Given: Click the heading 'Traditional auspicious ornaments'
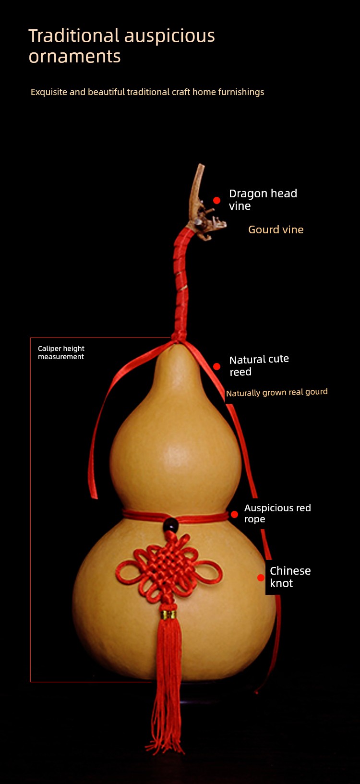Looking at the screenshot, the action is tap(121, 46).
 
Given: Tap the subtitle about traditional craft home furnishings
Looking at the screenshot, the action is tap(147, 92).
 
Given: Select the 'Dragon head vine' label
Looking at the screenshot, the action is tap(263, 200).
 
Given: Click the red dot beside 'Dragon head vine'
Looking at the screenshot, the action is tap(216, 200).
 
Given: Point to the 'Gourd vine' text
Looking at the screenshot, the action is tap(276, 229).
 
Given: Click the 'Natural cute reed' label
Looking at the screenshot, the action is tap(259, 365).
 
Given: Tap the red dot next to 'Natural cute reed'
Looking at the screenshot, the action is tap(216, 366).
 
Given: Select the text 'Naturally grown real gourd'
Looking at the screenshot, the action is tap(277, 392).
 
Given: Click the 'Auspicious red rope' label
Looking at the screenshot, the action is tap(277, 513).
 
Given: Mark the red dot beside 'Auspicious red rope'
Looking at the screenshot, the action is tap(234, 514).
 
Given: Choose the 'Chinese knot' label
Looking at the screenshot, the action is tap(290, 577).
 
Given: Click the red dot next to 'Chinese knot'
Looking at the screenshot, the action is tap(261, 578).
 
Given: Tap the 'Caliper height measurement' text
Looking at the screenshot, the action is tap(61, 352).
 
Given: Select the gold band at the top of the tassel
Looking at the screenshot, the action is tap(168, 615).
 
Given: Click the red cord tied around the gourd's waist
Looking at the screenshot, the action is tap(175, 517).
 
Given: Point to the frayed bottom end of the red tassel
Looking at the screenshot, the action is tap(165, 738).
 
